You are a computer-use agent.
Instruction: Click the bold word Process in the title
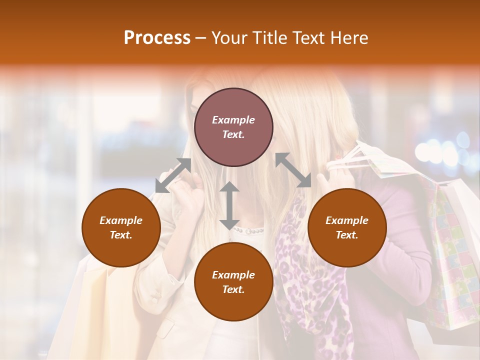tap(157, 38)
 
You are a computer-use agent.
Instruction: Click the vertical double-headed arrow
tap(229, 205)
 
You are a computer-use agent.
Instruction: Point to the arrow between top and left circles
tap(173, 175)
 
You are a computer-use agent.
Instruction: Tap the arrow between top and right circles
tap(293, 170)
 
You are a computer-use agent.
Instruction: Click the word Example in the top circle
tap(233, 120)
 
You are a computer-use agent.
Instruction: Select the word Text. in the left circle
tap(121, 235)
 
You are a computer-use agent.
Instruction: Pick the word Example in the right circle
tap(347, 220)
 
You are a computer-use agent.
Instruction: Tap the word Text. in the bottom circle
tap(233, 289)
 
